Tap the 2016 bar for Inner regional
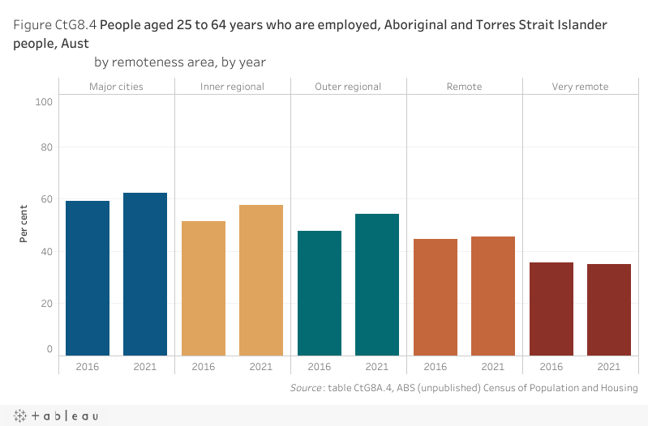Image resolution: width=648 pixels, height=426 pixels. coord(204,288)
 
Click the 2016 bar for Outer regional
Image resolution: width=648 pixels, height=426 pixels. coord(320,293)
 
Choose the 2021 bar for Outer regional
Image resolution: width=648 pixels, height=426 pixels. coord(377,284)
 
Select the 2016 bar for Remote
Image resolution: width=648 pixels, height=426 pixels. coord(436,297)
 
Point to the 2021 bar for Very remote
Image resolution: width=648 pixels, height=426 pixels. coord(608,309)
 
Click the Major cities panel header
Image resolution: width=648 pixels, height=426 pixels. coord(116,87)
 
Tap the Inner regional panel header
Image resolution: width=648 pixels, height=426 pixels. coord(232,87)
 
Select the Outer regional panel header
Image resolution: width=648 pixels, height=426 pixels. coord(348,87)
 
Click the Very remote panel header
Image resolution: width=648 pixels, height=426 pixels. coord(580,87)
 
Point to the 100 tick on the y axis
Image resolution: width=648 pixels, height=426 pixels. coord(44,102)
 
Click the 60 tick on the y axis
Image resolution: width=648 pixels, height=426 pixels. coord(46,199)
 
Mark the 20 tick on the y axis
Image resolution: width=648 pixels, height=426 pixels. coord(46,304)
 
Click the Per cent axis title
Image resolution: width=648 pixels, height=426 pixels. coord(25,223)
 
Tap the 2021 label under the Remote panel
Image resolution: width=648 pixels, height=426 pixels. coord(493,367)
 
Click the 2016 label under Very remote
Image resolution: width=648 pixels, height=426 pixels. coord(551,367)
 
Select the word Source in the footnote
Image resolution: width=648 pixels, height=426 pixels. coord(306,389)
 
